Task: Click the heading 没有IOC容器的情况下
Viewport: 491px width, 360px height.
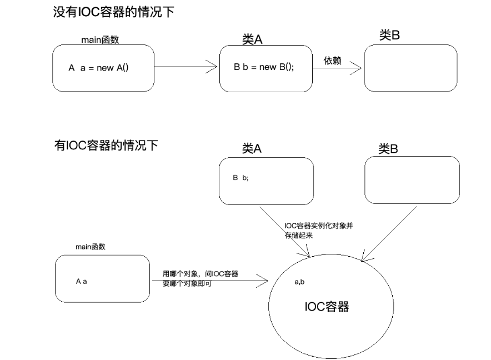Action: (113, 12)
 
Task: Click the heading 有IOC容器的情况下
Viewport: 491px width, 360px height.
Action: (106, 146)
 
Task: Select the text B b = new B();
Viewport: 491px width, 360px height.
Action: (264, 67)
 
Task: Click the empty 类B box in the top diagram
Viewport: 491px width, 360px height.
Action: (410, 68)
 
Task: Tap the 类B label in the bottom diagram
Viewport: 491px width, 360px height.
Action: (388, 148)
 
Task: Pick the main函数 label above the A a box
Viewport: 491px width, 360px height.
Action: (91, 246)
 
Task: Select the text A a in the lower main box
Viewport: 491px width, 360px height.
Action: (82, 281)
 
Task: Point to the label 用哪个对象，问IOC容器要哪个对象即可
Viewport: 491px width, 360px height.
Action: (200, 278)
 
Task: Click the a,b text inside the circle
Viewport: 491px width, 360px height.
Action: (299, 282)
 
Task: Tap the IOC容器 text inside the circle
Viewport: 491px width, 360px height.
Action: (327, 306)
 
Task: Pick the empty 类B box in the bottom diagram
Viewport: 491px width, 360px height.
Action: (412, 179)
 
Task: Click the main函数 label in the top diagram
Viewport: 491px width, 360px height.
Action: (100, 40)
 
